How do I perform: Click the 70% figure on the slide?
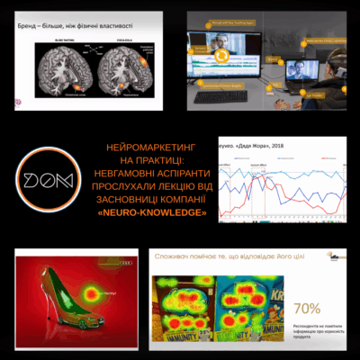(x=307, y=308)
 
